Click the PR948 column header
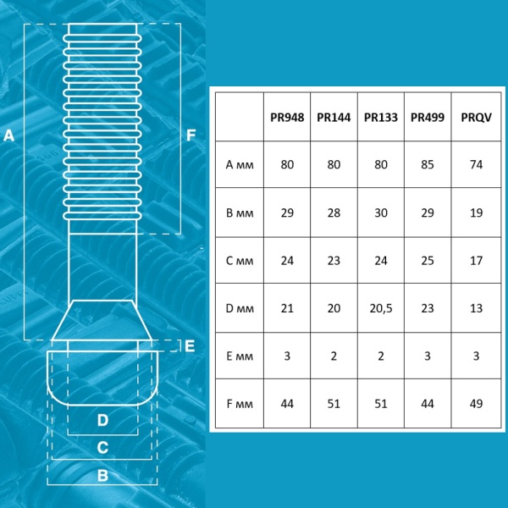287,118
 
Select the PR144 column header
334,118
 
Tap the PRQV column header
476,118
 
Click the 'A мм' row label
240,164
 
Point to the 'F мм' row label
240,404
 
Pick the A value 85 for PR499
428,164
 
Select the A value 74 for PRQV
476,164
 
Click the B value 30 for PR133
381,213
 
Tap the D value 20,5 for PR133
381,308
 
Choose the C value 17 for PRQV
476,261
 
